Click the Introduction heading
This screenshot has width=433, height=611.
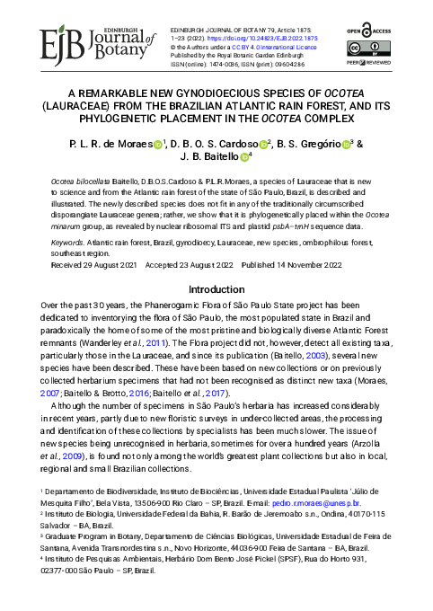(216, 290)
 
